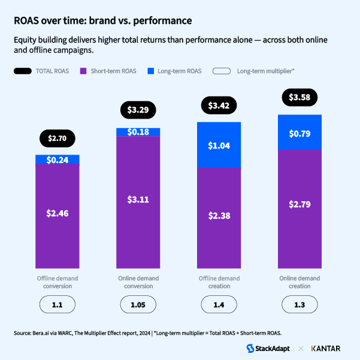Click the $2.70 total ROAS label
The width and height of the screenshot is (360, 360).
point(58,138)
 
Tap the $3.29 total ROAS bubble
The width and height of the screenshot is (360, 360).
point(138,110)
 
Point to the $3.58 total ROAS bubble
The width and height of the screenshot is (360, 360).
point(300,97)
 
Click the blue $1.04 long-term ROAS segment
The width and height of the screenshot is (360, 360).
point(219,145)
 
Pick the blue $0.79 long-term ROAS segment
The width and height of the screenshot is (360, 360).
point(300,132)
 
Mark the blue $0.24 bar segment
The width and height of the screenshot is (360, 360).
point(58,159)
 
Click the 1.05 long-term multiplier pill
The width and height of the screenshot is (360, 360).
point(138,305)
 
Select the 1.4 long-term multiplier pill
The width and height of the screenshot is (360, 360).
point(219,305)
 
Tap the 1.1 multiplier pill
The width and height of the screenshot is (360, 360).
point(58,305)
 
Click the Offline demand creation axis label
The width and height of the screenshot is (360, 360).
point(219,282)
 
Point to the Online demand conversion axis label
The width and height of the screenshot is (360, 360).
point(138,282)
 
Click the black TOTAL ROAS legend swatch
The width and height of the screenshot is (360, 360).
point(22,71)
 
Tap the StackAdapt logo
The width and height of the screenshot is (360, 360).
point(270,348)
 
